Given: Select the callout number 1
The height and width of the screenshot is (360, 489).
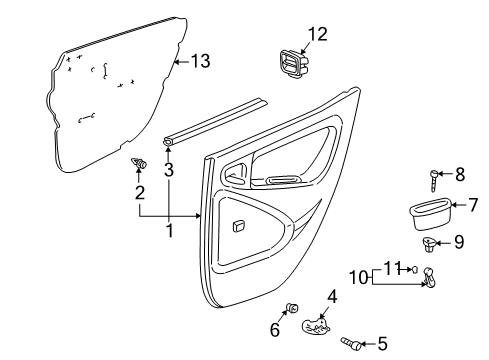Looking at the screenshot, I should pyautogui.click(x=169, y=231).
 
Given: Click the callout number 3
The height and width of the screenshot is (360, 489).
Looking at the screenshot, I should pyautogui.click(x=169, y=170).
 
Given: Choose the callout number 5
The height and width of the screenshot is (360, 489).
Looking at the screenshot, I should pyautogui.click(x=382, y=344).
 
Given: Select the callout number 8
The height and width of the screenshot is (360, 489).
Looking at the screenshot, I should pyautogui.click(x=460, y=174).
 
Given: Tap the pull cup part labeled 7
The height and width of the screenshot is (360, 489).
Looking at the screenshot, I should pyautogui.click(x=427, y=213).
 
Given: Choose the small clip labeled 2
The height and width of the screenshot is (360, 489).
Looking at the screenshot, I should pyautogui.click(x=138, y=162).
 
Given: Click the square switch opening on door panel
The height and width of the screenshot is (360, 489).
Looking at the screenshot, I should pyautogui.click(x=241, y=227).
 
